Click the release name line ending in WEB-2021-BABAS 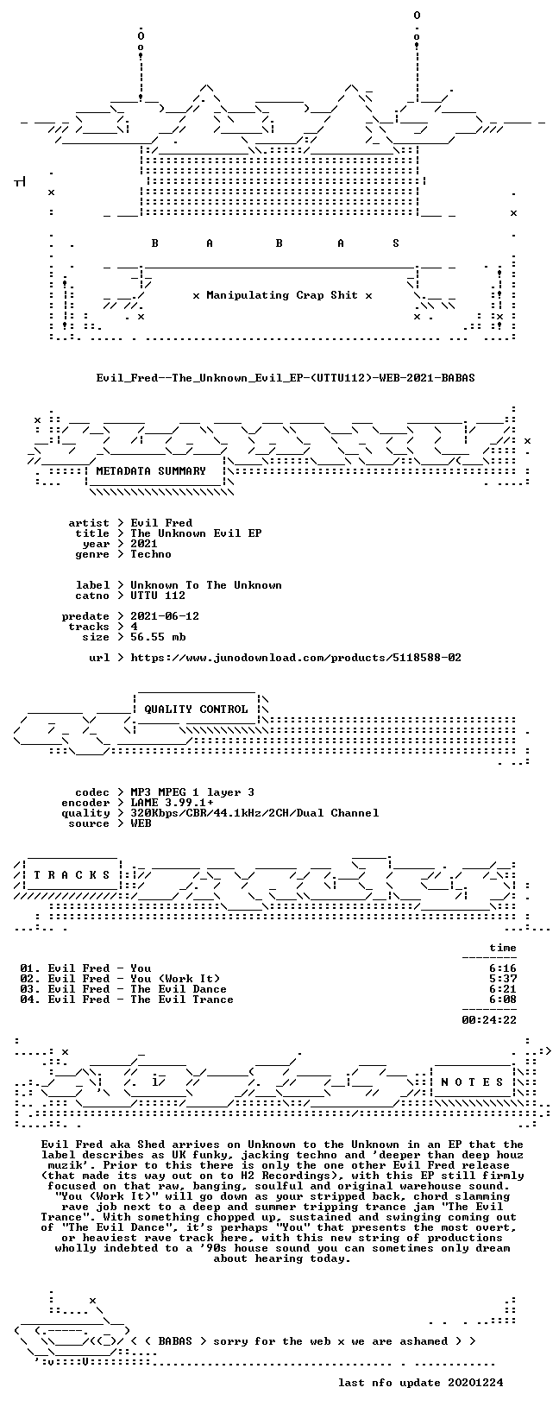286,378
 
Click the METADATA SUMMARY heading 151,471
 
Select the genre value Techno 151,554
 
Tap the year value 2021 144,544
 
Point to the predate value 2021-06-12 165,616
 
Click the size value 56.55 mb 158,637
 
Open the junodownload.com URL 296,658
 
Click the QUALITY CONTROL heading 196,709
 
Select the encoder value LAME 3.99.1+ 172,803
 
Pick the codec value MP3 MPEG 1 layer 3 192,792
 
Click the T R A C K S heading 72,875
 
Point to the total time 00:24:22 489,1020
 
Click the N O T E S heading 472,1082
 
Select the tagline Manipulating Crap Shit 282,295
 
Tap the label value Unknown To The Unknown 206,585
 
